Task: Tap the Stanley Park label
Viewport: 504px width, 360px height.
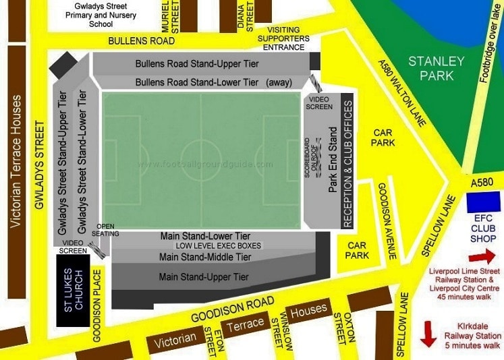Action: pyautogui.click(x=437, y=68)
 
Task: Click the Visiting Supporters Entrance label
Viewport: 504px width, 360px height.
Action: pyautogui.click(x=288, y=38)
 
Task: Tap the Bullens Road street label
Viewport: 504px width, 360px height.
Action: pyautogui.click(x=142, y=41)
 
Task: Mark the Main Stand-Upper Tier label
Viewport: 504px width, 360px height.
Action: pyautogui.click(x=204, y=277)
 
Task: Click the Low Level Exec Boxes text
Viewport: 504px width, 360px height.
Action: pyautogui.click(x=218, y=246)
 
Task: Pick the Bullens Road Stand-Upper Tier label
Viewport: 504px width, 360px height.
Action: pyautogui.click(x=197, y=64)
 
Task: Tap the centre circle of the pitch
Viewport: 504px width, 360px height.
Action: pyautogui.click(x=200, y=162)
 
